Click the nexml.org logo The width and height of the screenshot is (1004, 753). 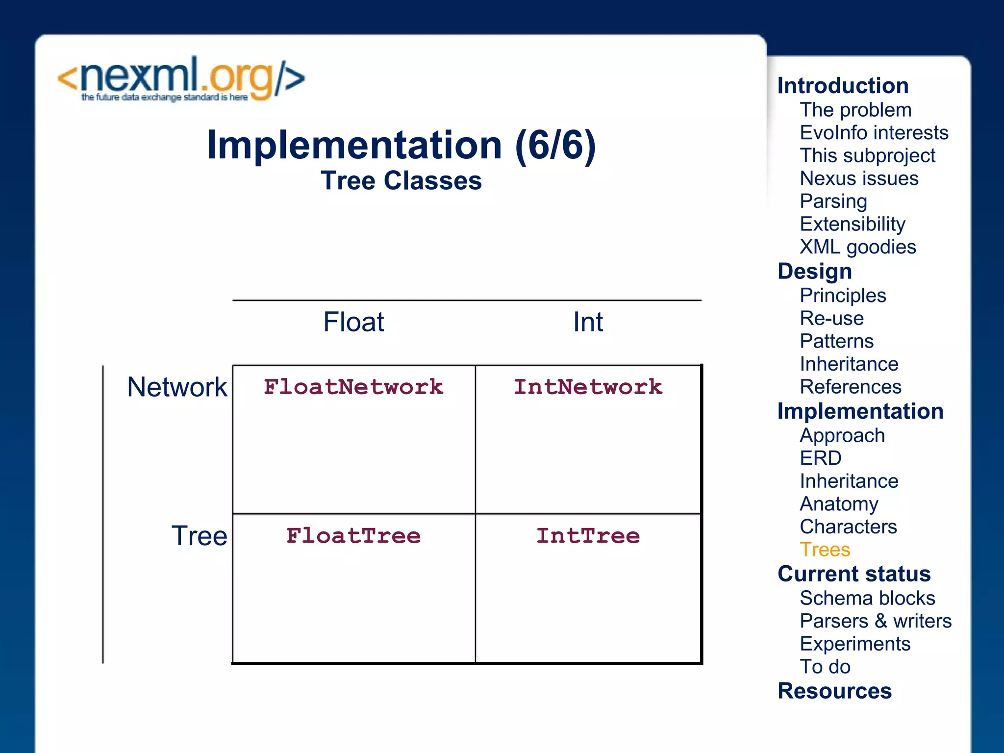(x=181, y=79)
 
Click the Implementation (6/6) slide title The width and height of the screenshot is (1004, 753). (x=401, y=145)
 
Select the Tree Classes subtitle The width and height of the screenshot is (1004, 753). (x=401, y=181)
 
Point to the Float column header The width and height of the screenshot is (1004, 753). (x=353, y=322)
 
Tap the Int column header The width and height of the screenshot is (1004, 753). (x=588, y=322)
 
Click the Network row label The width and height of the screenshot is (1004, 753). (x=177, y=387)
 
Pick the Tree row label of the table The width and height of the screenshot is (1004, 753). (x=199, y=536)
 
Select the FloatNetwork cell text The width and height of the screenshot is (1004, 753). (x=353, y=387)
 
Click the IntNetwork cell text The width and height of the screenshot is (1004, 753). (x=588, y=387)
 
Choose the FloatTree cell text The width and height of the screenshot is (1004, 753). (x=353, y=536)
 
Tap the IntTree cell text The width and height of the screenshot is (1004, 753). (x=588, y=536)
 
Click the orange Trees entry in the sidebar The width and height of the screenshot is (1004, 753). (x=825, y=550)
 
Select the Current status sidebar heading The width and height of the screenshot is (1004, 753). (x=854, y=574)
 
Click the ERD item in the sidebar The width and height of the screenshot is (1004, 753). (x=820, y=458)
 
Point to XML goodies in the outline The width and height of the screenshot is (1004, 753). (x=857, y=247)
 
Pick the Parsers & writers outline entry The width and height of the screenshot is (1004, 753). (x=875, y=621)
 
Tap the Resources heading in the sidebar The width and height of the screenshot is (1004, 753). (x=834, y=691)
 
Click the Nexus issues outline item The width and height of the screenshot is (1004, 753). (x=859, y=178)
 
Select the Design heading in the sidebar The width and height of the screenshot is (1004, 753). (x=815, y=272)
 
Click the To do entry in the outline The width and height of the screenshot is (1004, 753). (x=825, y=667)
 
